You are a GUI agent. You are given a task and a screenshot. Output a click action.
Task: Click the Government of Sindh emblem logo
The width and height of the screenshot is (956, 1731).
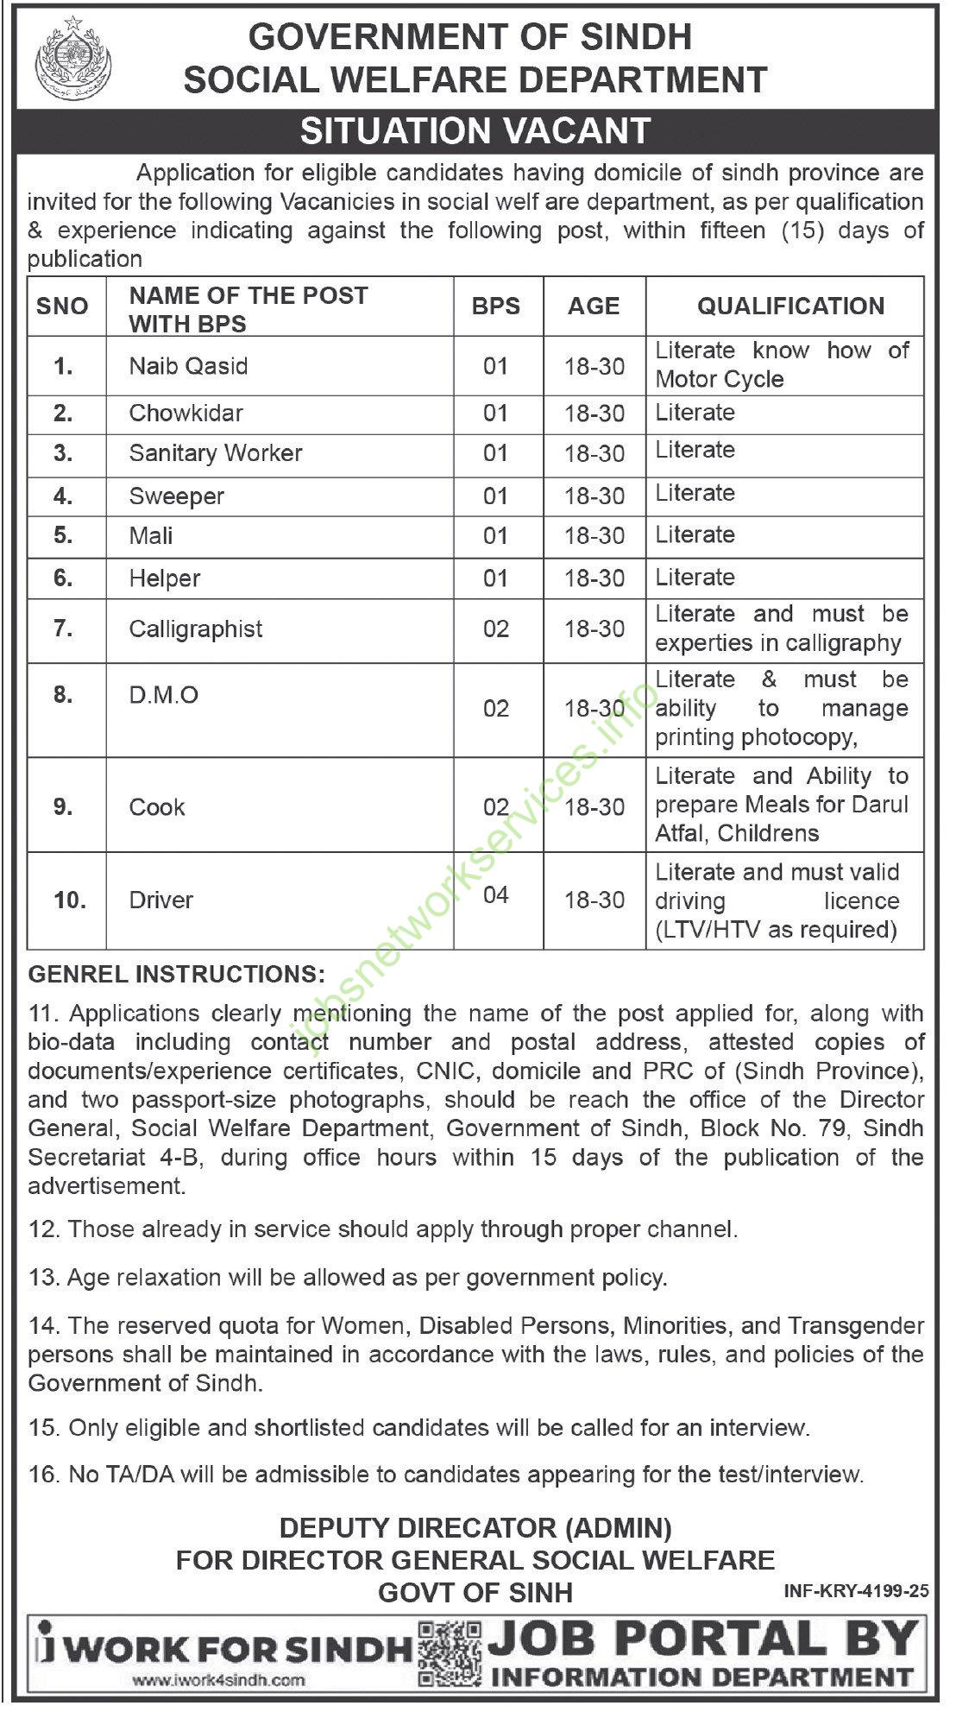pos(65,59)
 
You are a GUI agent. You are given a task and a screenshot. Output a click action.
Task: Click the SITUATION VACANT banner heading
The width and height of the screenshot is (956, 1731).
pos(475,131)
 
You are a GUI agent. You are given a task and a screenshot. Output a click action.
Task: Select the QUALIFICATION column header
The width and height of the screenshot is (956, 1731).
pos(790,306)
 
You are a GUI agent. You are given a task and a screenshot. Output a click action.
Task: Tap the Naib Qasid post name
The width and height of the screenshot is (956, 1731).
pos(188,366)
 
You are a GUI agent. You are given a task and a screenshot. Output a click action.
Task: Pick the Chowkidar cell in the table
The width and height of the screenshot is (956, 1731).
pos(186,413)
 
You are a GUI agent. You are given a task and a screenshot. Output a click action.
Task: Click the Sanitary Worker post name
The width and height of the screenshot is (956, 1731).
pos(216,453)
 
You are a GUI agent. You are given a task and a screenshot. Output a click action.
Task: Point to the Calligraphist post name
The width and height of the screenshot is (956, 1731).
pos(196,629)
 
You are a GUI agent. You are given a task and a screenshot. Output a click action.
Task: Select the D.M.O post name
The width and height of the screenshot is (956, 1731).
pos(164,695)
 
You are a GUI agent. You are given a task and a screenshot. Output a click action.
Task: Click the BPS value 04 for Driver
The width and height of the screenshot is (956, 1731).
pos(496,894)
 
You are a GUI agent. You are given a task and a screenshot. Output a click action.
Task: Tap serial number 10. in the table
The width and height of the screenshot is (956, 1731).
pos(70,900)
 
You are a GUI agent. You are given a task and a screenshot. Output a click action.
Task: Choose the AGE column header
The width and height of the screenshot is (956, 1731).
pos(594,306)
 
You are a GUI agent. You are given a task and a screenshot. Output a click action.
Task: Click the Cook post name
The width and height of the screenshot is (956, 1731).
pos(157,807)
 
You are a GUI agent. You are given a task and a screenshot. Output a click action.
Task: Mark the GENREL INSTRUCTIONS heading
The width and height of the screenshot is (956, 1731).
pos(177,974)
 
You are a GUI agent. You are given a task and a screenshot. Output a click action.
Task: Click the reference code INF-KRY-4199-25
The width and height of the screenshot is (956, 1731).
pos(857,1590)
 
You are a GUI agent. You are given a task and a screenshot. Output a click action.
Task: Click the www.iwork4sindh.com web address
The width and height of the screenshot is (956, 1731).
pos(219,1679)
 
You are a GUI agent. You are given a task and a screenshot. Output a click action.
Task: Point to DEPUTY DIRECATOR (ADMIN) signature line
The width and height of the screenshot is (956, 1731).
pos(475,1529)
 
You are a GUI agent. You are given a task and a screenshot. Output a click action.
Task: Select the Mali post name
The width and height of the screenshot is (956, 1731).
pos(151,536)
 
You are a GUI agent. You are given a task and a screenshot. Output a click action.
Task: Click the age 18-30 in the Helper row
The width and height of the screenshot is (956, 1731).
pos(594,578)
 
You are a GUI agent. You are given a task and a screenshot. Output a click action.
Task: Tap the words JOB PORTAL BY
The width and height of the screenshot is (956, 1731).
pos(701,1638)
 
